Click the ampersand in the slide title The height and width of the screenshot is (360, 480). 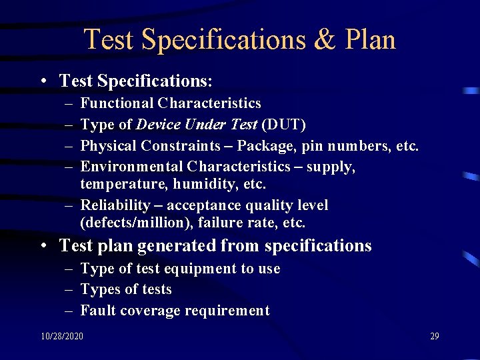click(326, 40)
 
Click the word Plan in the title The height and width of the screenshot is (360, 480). click(370, 40)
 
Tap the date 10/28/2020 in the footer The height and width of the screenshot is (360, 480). click(61, 336)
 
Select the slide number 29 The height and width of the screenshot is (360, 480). click(434, 336)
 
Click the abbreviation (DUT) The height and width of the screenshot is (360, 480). click(284, 124)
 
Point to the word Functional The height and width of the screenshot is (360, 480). click(117, 103)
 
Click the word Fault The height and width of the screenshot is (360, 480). click(96, 310)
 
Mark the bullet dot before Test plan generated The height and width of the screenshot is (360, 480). click(42, 247)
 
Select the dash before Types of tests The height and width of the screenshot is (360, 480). click(69, 289)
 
